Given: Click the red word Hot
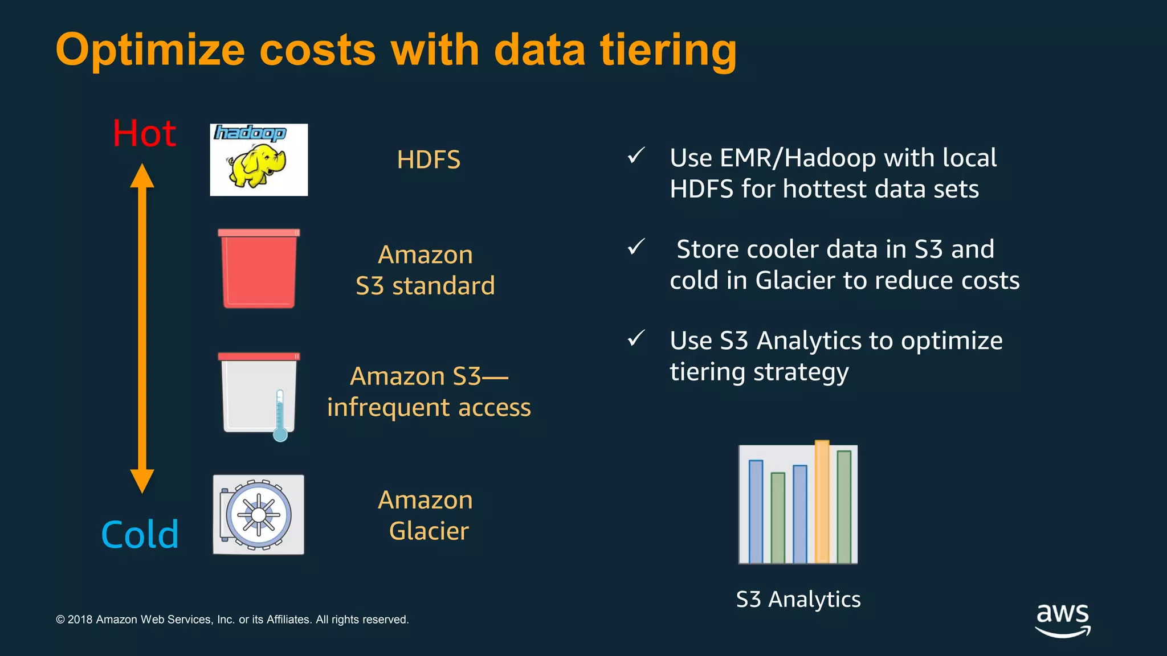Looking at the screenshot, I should [144, 134].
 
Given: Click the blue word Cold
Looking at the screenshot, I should [140, 535].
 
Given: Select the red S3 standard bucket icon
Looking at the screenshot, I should [259, 269].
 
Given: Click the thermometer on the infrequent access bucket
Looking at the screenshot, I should [280, 416].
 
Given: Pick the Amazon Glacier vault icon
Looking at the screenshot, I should [259, 515].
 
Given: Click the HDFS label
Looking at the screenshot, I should [429, 160].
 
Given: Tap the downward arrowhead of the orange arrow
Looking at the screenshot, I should [142, 481].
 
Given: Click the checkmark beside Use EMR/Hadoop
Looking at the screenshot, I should [636, 155].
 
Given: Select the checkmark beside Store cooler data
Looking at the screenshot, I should [636, 247].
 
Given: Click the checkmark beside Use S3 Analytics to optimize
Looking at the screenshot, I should [636, 338].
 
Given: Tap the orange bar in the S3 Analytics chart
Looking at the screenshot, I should [822, 501].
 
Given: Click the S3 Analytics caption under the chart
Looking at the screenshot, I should [798, 600].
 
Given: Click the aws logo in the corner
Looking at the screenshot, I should [1063, 620].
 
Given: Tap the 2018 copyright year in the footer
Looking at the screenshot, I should [80, 620].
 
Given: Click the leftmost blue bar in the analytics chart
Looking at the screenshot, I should [756, 511].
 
